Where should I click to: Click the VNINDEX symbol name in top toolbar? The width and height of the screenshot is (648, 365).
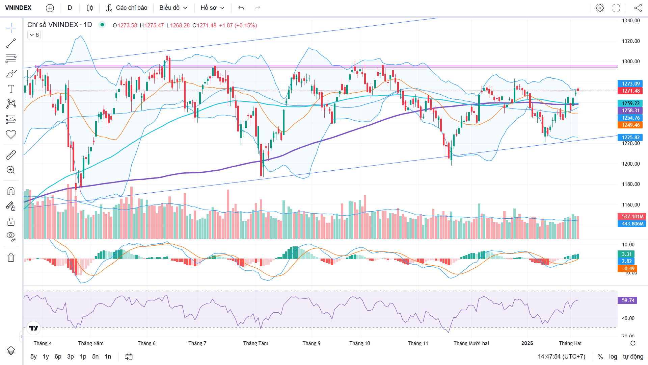[18, 8]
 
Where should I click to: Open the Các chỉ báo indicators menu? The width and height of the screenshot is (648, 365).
[127, 8]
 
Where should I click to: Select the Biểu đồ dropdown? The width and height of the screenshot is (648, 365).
[173, 8]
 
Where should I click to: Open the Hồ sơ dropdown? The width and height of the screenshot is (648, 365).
[212, 8]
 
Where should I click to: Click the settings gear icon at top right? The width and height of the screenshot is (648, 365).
[600, 8]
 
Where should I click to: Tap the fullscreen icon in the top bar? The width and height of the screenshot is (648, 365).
[616, 8]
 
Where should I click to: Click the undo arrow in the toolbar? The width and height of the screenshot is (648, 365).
[241, 8]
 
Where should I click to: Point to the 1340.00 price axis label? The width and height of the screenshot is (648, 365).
[631, 21]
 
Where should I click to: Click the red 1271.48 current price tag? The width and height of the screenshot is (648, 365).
[630, 91]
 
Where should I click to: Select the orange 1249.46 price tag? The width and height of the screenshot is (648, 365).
[630, 125]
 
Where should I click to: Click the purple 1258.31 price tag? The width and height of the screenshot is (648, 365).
[630, 111]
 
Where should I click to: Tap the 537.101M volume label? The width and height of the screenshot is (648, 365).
[632, 217]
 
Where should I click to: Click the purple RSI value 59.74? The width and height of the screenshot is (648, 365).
[628, 300]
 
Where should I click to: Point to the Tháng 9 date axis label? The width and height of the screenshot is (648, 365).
[312, 343]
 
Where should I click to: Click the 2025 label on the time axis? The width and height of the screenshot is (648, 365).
[527, 343]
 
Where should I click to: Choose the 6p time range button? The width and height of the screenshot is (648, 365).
[58, 357]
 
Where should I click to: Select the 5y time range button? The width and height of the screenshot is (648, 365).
[33, 357]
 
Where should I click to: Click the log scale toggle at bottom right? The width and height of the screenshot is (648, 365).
[613, 357]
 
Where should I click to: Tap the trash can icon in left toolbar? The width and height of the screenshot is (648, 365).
[11, 258]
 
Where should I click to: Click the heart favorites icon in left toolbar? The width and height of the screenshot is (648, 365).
[11, 134]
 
